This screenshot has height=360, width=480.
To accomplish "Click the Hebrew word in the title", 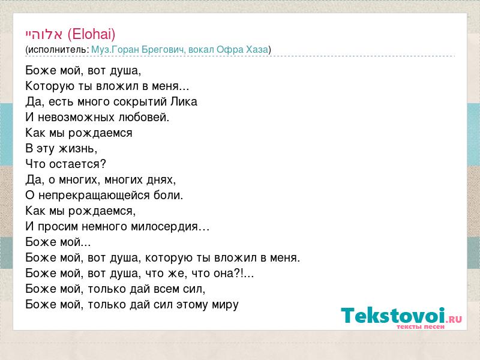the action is (44, 34).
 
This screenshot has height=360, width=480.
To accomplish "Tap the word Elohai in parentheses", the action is (92, 34).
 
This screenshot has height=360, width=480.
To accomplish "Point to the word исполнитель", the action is (57, 50).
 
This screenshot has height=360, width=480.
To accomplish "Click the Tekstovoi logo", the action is (401, 316).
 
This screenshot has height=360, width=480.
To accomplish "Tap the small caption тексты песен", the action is (421, 327).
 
